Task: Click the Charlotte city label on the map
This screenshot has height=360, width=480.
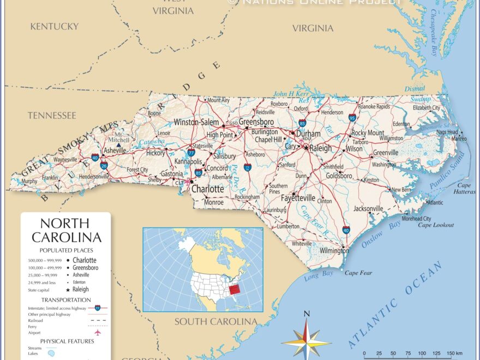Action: tap(207, 189)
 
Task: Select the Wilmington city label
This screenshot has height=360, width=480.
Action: tap(334, 250)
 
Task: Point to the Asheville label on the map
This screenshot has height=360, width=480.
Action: tap(115, 151)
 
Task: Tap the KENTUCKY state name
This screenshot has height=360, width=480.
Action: tap(55, 26)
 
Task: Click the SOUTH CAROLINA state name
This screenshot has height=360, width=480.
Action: tap(215, 322)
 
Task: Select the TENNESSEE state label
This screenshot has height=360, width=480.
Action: tap(52, 115)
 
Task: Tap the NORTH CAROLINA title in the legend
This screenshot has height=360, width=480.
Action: tap(66, 230)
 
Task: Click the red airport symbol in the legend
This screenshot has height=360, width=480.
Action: tap(98, 332)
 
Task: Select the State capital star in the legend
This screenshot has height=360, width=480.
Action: tap(68, 290)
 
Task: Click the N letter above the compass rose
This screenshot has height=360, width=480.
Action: tap(307, 314)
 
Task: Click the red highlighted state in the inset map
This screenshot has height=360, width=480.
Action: tap(233, 289)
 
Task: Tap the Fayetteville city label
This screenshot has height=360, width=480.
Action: tap(299, 197)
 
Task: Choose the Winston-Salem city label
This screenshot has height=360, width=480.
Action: tap(196, 123)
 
